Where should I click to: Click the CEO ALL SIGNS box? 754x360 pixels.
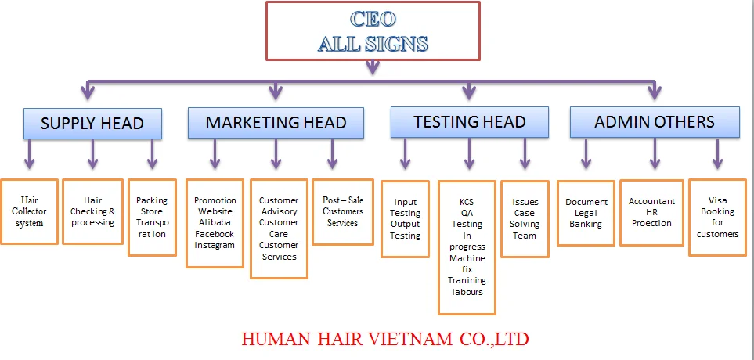coord(373,31)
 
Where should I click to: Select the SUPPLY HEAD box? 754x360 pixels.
coord(92,124)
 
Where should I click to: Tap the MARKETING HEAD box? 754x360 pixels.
coord(276,123)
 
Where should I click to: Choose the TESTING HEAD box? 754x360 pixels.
coord(469,122)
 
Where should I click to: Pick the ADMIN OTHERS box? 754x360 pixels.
coord(654,122)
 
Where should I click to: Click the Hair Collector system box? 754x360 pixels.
coord(30,211)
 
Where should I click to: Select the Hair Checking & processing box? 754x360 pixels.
coord(92,211)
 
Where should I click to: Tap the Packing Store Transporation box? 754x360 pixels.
coord(152,217)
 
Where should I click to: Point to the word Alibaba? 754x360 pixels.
coord(215,222)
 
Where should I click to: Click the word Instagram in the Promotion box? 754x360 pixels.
coord(215,245)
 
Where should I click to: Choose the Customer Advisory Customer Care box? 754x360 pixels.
coord(279,229)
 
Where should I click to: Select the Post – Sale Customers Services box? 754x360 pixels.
coord(343,211)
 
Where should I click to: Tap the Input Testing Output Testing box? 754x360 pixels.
coord(405,218)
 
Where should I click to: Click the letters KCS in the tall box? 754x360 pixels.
coord(467,201)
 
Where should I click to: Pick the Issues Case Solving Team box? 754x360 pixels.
coord(525,218)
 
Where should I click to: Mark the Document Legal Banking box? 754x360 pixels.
coord(586,213)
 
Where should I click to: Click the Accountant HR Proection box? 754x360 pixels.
coord(651,212)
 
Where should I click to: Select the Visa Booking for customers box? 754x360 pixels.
coord(717,217)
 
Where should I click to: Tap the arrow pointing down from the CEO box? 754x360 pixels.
coord(373,69)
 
